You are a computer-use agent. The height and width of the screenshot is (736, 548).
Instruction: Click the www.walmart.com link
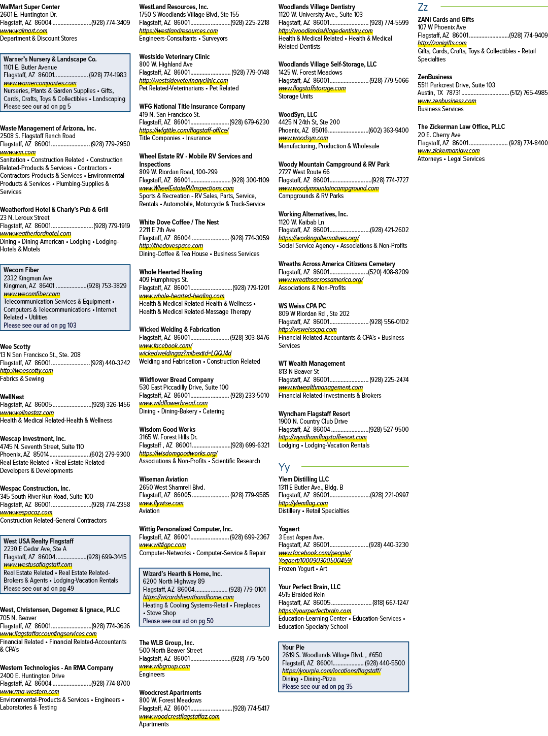pos(23,31)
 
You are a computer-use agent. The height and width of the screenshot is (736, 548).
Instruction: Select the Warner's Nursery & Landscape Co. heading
pos(50,59)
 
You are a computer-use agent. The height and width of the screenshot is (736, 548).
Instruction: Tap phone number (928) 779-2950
pos(111,144)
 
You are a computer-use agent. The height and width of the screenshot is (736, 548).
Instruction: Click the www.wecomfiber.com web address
pos(32,294)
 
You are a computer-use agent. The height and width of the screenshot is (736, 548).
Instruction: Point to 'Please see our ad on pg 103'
pos(40,325)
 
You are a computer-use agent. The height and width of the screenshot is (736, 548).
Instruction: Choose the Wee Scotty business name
pos(15,347)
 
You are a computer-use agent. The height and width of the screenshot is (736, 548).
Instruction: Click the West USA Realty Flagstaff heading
pos(39,541)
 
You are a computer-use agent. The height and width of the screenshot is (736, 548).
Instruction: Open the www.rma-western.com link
pos(29,691)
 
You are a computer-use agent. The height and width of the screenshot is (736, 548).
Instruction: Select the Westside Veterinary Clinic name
pos(175,57)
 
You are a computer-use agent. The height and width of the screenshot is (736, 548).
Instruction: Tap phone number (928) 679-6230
pos(249,122)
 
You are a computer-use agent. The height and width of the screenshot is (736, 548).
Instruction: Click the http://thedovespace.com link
pos(171,245)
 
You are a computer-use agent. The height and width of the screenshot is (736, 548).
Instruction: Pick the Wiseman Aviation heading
pos(163,479)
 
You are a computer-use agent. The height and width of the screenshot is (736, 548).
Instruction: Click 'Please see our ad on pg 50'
pos(178,621)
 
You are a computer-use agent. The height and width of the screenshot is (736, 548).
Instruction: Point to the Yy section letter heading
pos(284,467)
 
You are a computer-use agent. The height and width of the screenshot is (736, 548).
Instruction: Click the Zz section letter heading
pos(423,7)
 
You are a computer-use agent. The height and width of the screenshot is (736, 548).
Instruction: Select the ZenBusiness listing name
pos(435,77)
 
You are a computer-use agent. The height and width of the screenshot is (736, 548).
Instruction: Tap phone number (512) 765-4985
pos(529,93)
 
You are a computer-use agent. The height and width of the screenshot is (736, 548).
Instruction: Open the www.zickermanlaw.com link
pos(449,151)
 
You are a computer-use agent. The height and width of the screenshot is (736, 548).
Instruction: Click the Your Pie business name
pos(293,647)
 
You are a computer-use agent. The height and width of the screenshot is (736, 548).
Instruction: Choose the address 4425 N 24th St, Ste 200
pos(309,122)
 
